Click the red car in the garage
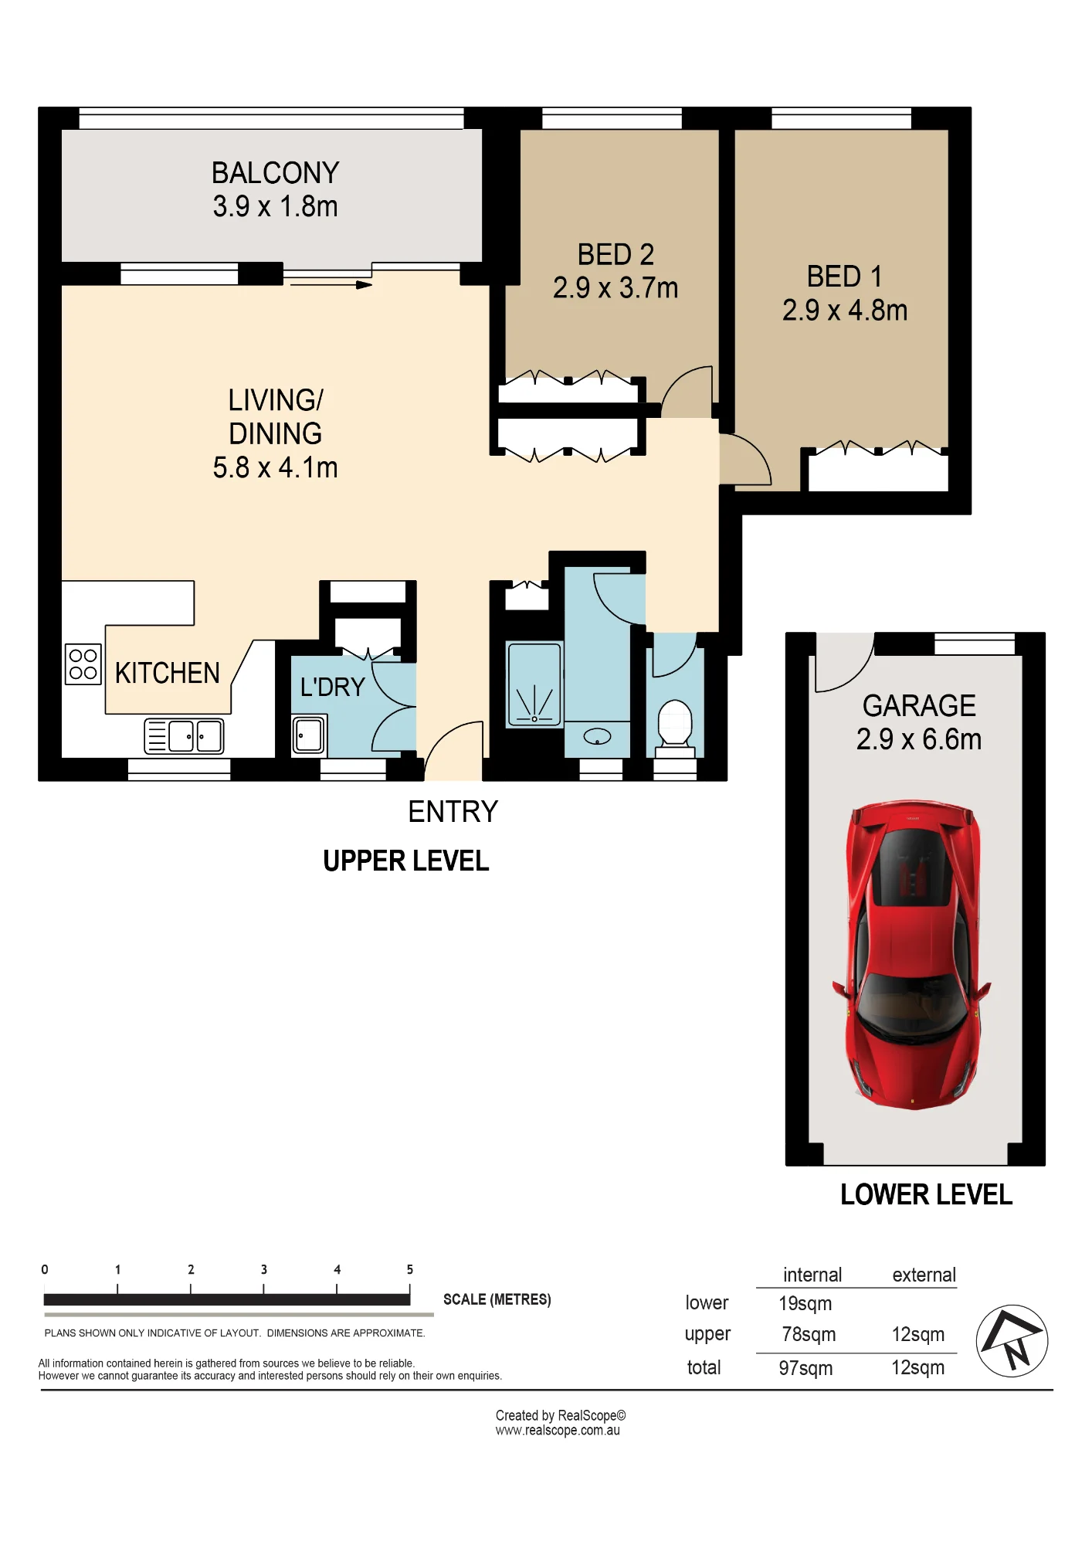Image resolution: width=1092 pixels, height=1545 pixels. point(911,955)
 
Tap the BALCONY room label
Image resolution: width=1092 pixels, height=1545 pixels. point(276,173)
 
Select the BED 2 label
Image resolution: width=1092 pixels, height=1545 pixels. point(616,255)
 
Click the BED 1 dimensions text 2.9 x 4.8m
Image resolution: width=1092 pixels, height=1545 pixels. point(845,311)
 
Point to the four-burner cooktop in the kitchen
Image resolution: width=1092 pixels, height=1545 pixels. point(83,664)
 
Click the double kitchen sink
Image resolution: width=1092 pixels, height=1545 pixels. point(184,736)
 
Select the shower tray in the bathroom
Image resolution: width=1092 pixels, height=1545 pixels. point(534,685)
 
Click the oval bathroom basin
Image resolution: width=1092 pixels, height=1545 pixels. point(597,737)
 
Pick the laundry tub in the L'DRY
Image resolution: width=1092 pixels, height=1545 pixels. point(309,735)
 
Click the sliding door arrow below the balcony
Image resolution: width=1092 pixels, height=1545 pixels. point(331,285)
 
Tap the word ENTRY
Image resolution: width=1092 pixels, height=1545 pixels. point(453,812)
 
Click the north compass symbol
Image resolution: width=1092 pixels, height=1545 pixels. point(1012,1341)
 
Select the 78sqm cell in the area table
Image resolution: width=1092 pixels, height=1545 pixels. point(809,1335)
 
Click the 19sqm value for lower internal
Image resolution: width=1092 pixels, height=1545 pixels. point(805,1304)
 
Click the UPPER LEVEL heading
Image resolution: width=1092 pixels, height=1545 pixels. point(406,861)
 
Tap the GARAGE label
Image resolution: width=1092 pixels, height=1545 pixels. point(919,706)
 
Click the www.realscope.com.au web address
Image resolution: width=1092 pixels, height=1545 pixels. point(558,1431)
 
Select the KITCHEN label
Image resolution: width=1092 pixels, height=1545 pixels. point(168,674)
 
